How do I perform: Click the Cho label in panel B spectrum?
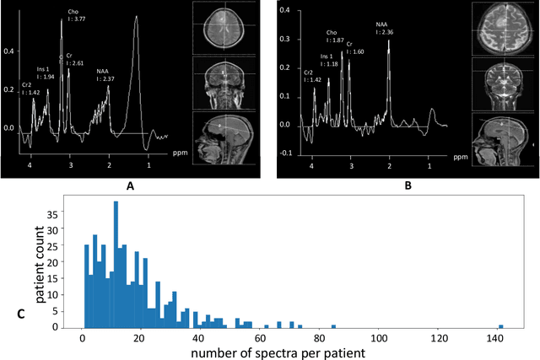coord(333,35)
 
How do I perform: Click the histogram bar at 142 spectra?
coord(500,326)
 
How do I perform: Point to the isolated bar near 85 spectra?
coord(333,326)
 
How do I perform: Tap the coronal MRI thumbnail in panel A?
coord(218,82)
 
